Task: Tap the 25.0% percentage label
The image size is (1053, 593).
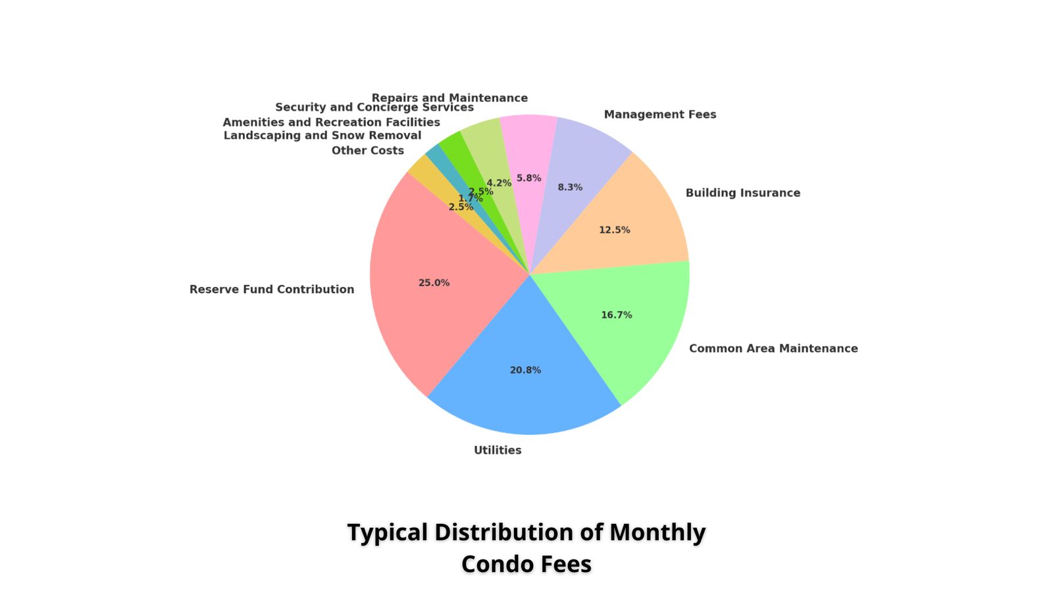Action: pos(434,283)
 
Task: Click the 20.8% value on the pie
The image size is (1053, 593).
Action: pos(526,370)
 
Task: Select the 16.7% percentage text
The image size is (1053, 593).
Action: pos(617,315)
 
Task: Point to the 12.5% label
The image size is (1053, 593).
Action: pos(615,230)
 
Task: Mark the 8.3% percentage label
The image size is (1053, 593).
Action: pos(570,187)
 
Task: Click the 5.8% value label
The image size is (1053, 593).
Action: pos(529,178)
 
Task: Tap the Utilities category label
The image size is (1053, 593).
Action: pos(498,451)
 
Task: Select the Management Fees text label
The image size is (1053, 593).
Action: pos(660,115)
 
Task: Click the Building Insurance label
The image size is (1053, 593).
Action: pos(743,193)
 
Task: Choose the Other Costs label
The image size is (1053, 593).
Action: pos(368,151)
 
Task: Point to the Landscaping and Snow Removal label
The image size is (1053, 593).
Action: pos(322,136)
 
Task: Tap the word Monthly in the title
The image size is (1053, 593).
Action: pos(657,533)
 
